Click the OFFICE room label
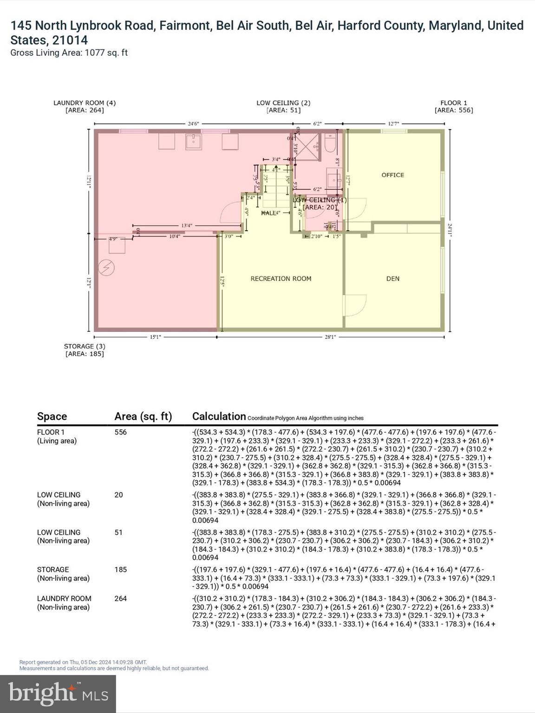pyautogui.click(x=392, y=175)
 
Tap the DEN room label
pyautogui.click(x=393, y=279)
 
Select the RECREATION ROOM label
pyautogui.click(x=281, y=279)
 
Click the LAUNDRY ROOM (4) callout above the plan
pyautogui.click(x=85, y=106)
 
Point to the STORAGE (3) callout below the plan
pyautogui.click(x=85, y=350)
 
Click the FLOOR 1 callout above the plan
pyautogui.click(x=454, y=106)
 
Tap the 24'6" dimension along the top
pyautogui.click(x=193, y=124)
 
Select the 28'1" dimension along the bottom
pyautogui.click(x=330, y=337)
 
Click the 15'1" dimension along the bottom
pyautogui.click(x=155, y=337)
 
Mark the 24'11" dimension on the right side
pyautogui.click(x=450, y=230)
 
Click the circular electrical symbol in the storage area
pyautogui.click(x=106, y=268)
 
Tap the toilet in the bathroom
pyautogui.click(x=331, y=144)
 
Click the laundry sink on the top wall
pyautogui.click(x=193, y=142)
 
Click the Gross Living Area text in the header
pyautogui.click(x=69, y=52)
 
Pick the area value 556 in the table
pyautogui.click(x=120, y=432)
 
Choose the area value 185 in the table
pyautogui.click(x=120, y=570)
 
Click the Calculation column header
pyautogui.click(x=219, y=416)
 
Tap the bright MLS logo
pyautogui.click(x=58, y=694)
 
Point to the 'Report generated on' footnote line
pyautogui.click(x=83, y=662)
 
